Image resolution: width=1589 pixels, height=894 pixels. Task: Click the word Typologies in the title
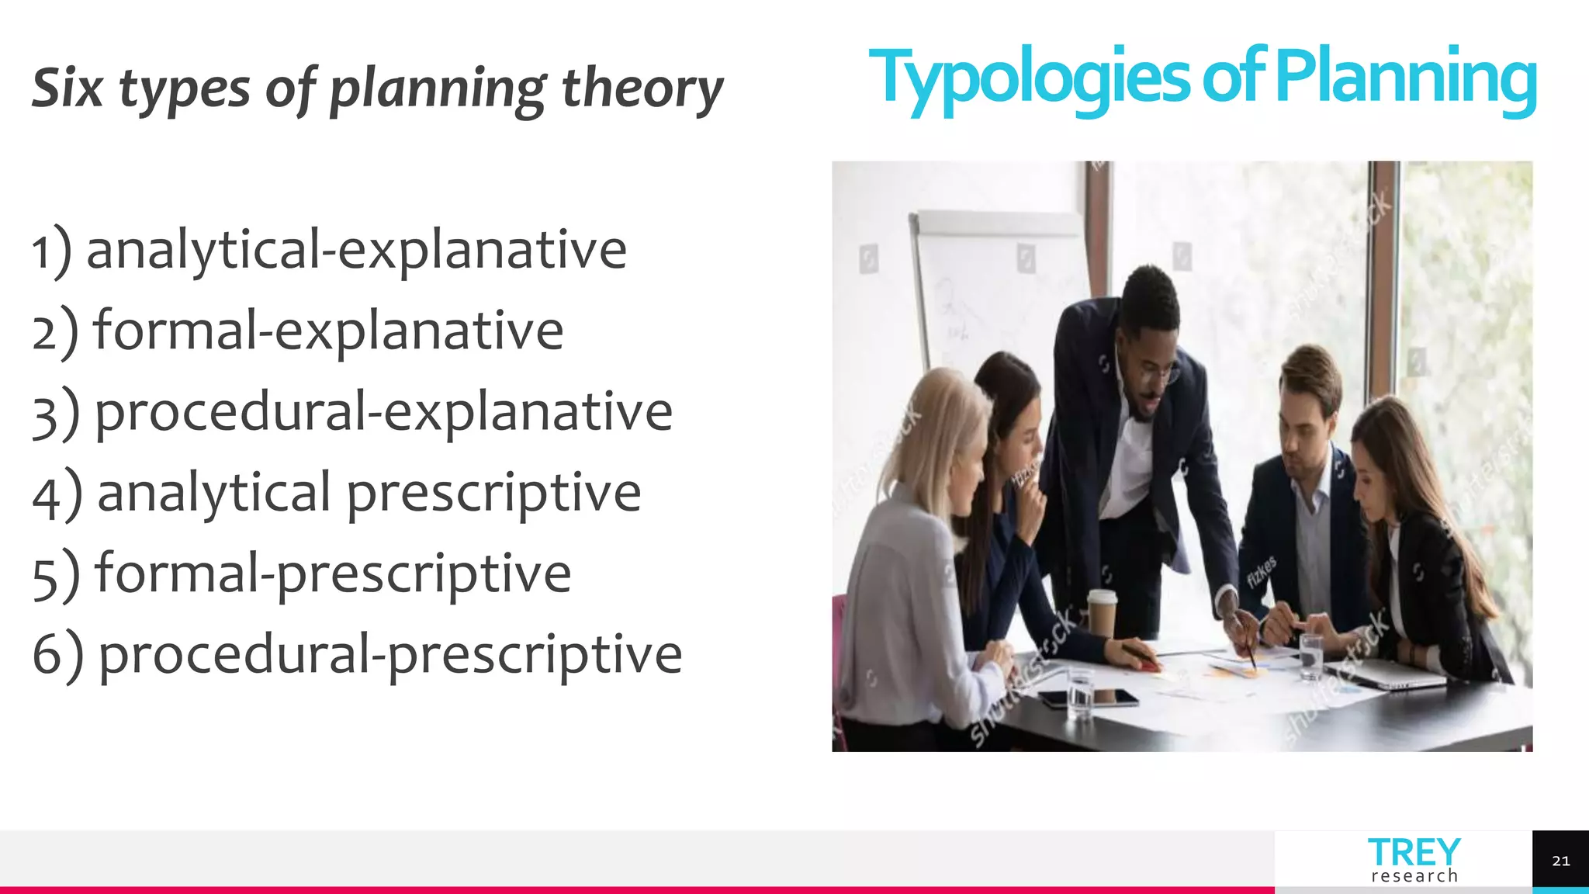(1028, 78)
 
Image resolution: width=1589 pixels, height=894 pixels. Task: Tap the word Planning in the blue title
(1405, 78)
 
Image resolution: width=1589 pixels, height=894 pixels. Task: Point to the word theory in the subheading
(642, 88)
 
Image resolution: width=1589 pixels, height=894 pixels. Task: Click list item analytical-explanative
(356, 250)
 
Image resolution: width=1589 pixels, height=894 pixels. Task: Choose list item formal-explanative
(328, 331)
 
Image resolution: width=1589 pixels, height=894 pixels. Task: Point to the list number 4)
(57, 494)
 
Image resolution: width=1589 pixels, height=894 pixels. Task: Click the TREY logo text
(1414, 852)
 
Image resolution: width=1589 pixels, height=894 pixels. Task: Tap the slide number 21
(1560, 861)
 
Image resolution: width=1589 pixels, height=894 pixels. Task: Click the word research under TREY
(1414, 876)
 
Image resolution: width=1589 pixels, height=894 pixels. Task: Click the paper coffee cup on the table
(1101, 613)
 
